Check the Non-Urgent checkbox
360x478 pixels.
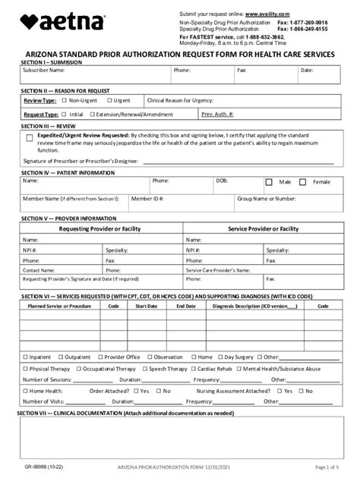pos(65,100)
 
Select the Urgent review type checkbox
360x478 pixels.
pos(109,100)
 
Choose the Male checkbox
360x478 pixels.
pos(269,182)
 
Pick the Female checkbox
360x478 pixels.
pos(303,182)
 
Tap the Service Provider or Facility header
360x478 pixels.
pos(263,228)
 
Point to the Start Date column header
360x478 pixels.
pos(147,306)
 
